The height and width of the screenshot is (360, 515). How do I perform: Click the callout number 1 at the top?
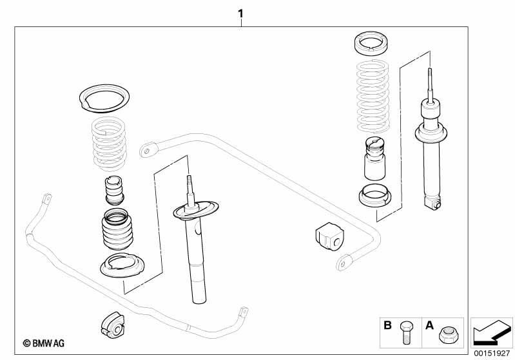point(241,14)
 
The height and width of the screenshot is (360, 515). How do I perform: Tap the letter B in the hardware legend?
point(387,325)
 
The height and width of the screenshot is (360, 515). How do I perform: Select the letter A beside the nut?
point(429,325)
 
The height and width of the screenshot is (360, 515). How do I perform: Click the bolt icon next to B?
point(405,332)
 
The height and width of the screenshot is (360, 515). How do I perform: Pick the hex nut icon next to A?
point(447,334)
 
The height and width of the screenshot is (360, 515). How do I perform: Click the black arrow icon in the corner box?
point(492,332)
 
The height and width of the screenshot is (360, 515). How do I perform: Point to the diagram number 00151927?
point(492,354)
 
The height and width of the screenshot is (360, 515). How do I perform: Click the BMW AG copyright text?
point(44,343)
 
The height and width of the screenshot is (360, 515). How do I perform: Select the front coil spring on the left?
point(109,144)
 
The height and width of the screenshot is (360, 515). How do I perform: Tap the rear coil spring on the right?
point(373,97)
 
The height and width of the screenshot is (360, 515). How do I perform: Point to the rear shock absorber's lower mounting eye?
point(432,203)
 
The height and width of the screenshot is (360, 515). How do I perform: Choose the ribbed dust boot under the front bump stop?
point(118,230)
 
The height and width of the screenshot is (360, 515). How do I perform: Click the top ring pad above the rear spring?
point(371,44)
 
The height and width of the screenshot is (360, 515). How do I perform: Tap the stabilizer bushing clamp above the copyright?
point(112,324)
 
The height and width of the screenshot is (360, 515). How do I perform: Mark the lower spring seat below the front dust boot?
point(122,265)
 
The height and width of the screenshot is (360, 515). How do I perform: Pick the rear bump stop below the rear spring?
point(374,158)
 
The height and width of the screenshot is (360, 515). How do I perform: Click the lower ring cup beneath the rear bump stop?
point(374,196)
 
